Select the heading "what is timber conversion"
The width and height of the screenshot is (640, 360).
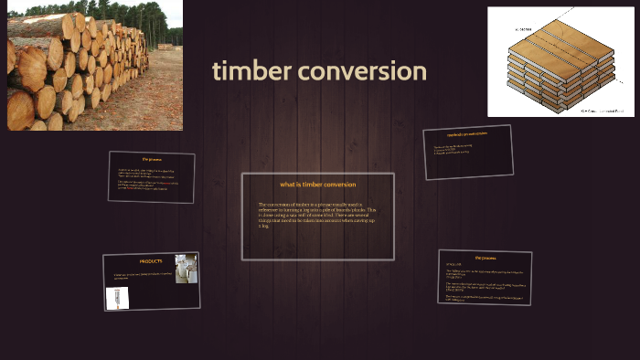point(317,185)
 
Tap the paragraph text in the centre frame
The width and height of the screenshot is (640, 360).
point(316,214)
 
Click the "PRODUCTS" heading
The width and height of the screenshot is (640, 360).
point(150,261)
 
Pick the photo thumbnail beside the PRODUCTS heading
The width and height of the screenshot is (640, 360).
point(186,269)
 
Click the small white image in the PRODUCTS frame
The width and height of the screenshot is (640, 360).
point(117,298)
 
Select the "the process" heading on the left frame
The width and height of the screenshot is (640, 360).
point(151,159)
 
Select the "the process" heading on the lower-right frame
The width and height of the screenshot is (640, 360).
point(485,258)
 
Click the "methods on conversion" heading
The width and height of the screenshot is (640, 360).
point(467,134)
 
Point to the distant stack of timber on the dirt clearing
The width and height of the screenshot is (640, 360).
point(165,46)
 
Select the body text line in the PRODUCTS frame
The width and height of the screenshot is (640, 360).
point(142,275)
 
